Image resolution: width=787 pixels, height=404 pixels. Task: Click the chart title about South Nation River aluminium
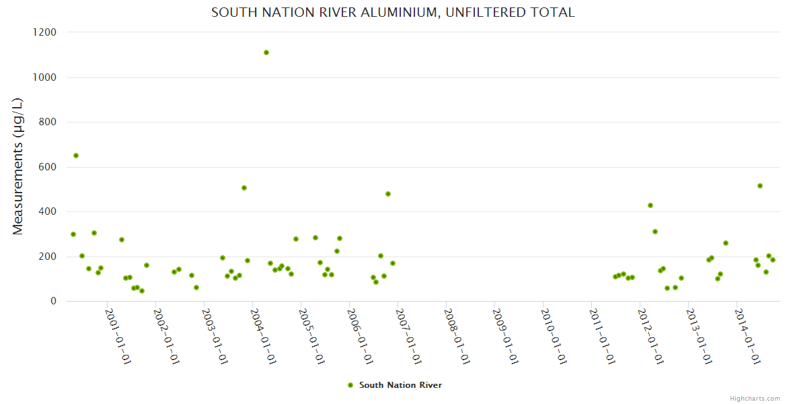[393, 13]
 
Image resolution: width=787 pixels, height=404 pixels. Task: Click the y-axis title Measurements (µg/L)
[18, 166]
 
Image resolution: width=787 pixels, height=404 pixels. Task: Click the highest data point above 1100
[266, 53]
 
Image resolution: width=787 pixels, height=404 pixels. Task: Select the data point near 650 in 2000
[76, 156]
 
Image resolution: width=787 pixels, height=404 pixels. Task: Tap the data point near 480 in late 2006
[388, 194]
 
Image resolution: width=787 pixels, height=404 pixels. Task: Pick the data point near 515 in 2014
[760, 186]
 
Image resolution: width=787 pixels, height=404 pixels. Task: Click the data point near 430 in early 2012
[650, 205]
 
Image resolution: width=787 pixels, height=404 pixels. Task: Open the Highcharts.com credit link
[755, 399]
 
